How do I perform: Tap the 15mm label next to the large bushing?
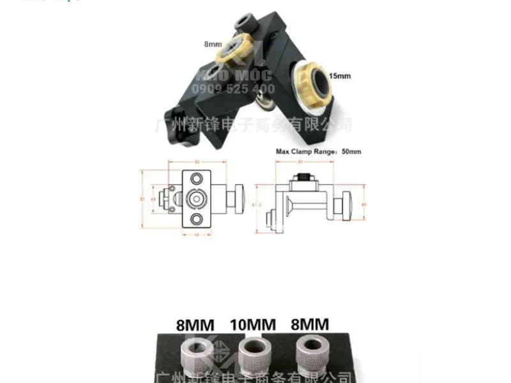click(340, 76)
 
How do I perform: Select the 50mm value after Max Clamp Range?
click(351, 152)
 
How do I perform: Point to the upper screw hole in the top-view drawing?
click(197, 177)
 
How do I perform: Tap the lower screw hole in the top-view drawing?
click(197, 220)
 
